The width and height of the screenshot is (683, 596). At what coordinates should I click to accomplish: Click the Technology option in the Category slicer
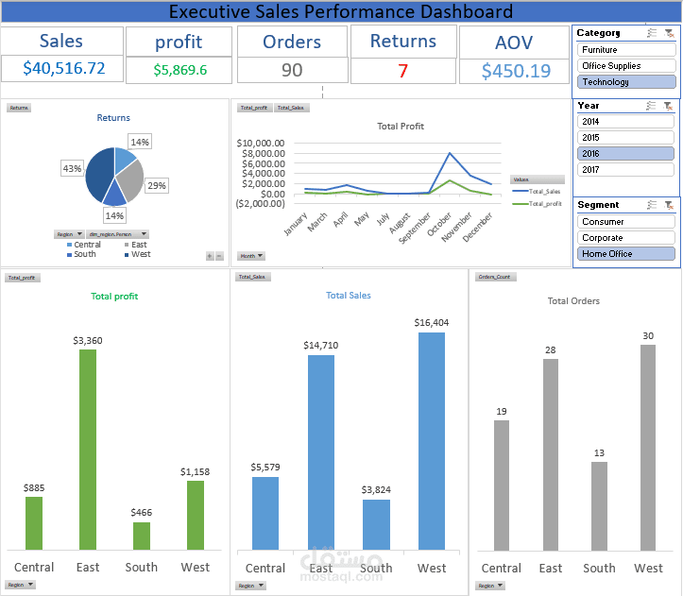(625, 82)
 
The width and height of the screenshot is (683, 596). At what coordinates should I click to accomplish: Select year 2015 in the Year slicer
(625, 138)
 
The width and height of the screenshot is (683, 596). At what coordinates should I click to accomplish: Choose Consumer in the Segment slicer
(625, 222)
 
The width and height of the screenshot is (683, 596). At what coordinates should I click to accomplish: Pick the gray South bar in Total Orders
(598, 506)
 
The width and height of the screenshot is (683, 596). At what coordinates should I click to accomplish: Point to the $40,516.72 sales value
(63, 69)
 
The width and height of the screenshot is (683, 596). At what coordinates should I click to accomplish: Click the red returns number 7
(403, 71)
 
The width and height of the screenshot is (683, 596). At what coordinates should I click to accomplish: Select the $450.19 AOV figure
(516, 72)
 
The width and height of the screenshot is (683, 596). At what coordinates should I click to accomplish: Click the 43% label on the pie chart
(72, 168)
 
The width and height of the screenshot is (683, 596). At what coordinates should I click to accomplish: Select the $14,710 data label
(320, 346)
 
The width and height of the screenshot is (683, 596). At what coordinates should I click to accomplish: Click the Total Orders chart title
(573, 301)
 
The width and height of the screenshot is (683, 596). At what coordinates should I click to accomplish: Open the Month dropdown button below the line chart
(251, 256)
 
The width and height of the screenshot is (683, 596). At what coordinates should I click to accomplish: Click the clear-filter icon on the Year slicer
(668, 106)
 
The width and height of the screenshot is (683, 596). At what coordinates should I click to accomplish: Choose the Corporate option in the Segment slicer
(625, 238)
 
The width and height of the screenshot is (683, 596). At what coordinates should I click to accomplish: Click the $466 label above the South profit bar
(141, 513)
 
